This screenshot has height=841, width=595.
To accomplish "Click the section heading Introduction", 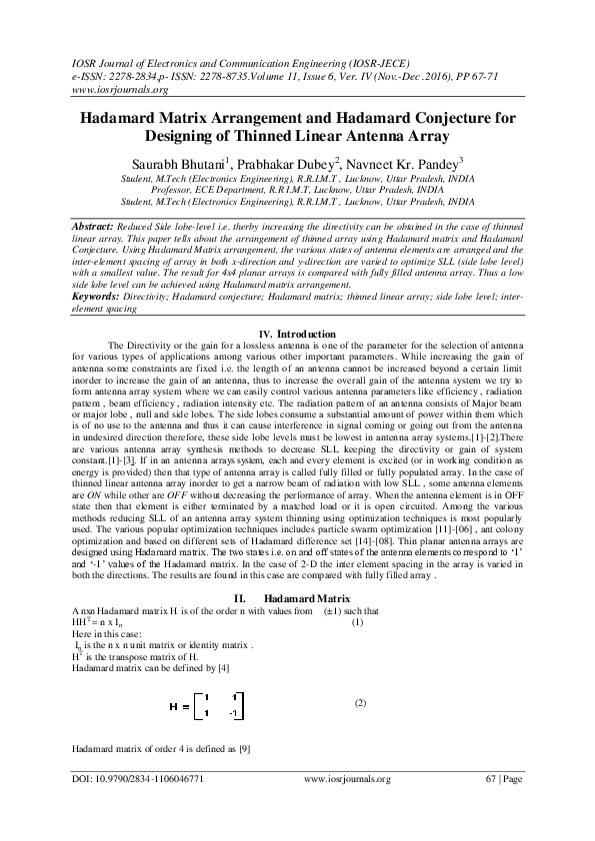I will coord(307,333).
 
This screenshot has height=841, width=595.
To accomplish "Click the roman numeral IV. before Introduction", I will coord(266,333).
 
